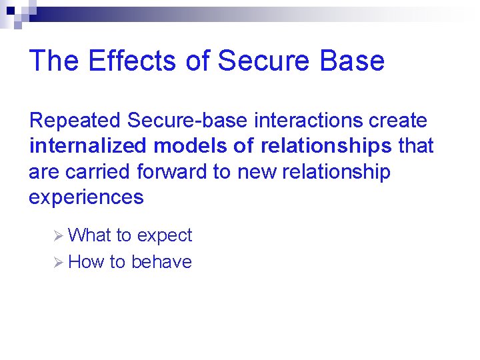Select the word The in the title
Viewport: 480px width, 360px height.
[55, 61]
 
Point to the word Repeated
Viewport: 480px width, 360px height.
[75, 121]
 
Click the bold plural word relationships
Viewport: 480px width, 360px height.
[326, 146]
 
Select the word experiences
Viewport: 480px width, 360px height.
[86, 197]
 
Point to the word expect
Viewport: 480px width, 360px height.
[164, 236]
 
